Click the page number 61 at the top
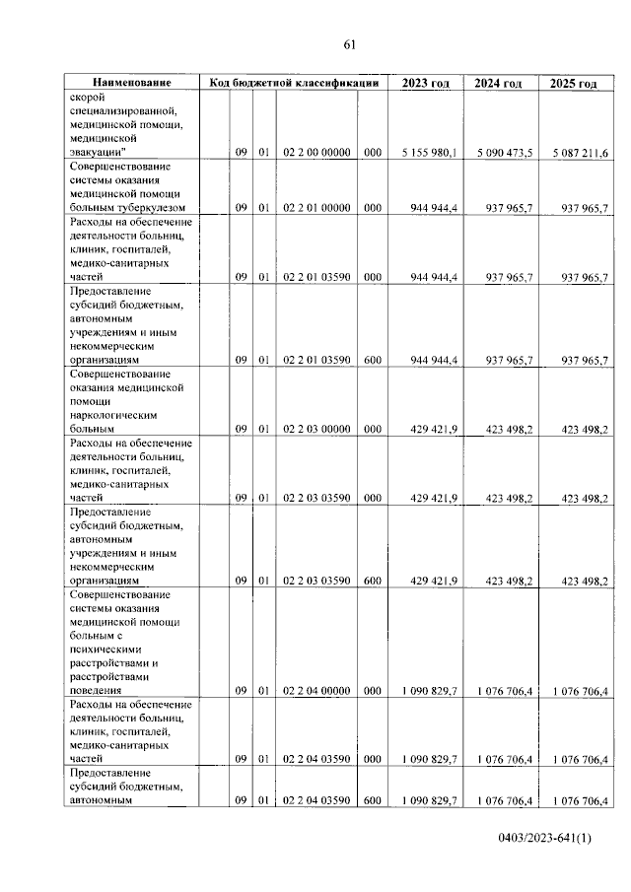(349, 44)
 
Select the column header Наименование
(131, 83)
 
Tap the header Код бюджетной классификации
(294, 83)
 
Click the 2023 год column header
(425, 83)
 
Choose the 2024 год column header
(498, 83)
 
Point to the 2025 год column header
(573, 83)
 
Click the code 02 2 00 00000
(315, 153)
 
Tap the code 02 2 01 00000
(315, 208)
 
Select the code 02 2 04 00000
(315, 691)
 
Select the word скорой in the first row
(88, 98)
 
